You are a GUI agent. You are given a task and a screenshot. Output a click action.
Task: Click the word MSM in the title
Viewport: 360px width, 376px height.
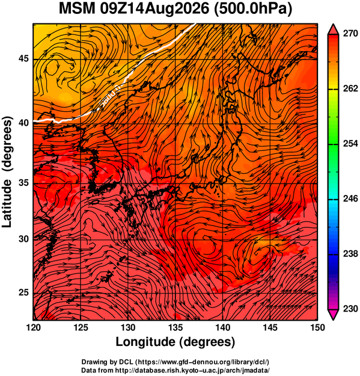(x=77, y=9)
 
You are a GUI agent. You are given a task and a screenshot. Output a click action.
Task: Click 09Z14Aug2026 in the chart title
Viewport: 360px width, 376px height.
(x=154, y=9)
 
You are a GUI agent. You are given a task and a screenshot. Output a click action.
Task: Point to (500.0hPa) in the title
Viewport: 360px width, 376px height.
(x=253, y=10)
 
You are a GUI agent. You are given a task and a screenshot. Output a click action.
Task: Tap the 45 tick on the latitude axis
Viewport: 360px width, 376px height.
(x=23, y=59)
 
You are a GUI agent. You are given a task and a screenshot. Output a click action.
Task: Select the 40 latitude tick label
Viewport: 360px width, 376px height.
(x=23, y=123)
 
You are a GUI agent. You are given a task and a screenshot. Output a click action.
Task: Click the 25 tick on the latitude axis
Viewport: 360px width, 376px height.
(x=23, y=293)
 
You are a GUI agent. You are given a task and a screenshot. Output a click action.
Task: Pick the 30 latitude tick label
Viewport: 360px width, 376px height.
(x=23, y=239)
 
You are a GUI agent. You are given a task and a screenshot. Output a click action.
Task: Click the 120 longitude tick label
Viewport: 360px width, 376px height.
(x=33, y=327)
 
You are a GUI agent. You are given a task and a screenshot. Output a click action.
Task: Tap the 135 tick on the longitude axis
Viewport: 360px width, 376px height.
(x=175, y=327)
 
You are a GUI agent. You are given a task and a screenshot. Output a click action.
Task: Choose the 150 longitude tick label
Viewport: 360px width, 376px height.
(x=317, y=327)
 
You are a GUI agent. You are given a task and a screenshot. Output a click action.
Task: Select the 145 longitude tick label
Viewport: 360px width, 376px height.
(x=270, y=327)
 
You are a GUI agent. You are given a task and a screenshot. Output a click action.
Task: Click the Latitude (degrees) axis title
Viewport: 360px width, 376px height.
(x=7, y=171)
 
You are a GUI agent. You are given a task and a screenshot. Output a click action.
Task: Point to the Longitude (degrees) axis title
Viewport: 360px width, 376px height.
(x=175, y=342)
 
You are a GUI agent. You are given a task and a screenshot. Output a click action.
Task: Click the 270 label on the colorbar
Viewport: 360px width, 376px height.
(x=350, y=34)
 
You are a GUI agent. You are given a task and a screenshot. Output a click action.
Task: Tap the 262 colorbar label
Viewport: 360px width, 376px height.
(x=350, y=89)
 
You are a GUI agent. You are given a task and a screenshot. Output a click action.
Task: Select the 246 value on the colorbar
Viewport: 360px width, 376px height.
(x=350, y=199)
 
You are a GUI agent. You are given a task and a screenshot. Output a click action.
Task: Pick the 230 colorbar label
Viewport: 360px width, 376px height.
(x=350, y=309)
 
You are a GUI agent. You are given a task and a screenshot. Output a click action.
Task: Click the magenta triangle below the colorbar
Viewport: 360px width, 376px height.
(x=333, y=314)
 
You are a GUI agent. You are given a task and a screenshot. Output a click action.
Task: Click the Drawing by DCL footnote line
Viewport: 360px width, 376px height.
(x=175, y=362)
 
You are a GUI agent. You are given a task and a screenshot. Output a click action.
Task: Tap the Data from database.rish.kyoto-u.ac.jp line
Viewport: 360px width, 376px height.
(x=175, y=370)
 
